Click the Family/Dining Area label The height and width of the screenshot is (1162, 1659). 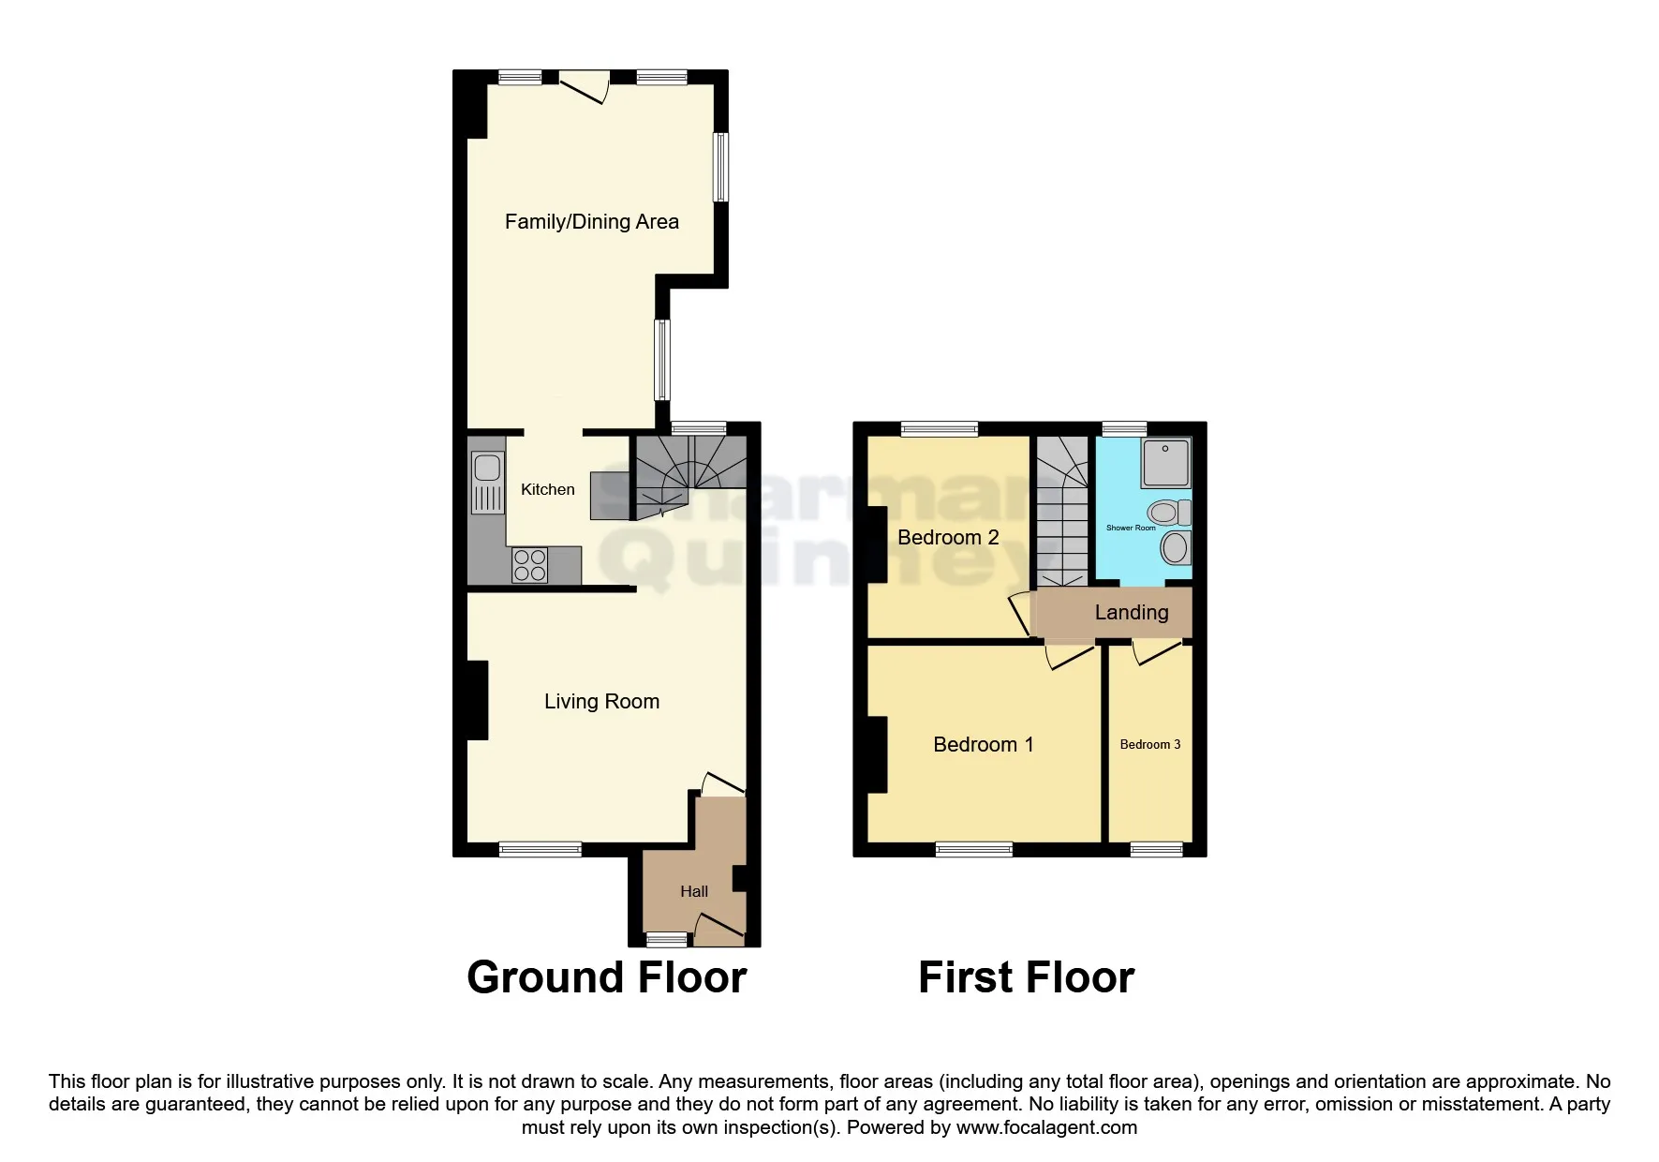(591, 222)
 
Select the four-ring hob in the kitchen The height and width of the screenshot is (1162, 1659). (530, 565)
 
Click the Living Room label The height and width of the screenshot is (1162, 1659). (601, 702)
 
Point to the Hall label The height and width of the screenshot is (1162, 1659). (693, 891)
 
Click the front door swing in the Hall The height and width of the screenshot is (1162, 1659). (717, 928)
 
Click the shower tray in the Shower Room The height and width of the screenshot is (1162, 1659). (1165, 462)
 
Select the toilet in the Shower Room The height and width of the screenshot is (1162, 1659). (1168, 513)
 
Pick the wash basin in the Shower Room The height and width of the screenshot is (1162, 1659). (1175, 548)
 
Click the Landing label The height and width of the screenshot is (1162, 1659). (1132, 613)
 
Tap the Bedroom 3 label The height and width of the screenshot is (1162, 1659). (1149, 744)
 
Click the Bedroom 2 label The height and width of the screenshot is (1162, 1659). (948, 537)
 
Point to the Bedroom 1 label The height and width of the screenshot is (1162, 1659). (983, 744)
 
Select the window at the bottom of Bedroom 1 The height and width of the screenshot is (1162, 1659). (973, 850)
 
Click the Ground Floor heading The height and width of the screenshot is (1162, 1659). (606, 977)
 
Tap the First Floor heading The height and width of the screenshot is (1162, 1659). (1026, 977)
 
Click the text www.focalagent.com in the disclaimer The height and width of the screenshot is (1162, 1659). (1046, 1127)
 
